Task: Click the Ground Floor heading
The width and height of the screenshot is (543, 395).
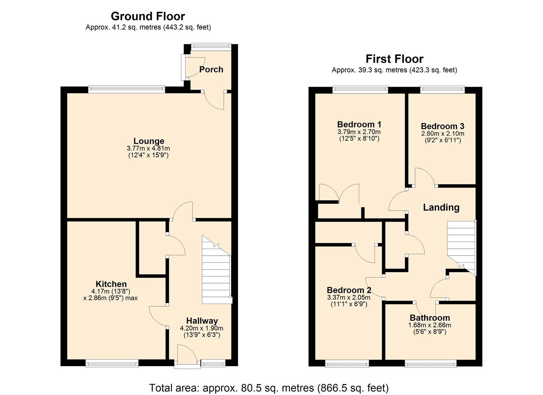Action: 148,16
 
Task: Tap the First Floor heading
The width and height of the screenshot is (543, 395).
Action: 394,59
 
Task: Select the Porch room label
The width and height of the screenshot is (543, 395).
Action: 211,69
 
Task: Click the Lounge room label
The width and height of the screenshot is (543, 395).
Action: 148,141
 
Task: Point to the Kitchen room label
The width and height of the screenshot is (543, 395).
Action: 111,284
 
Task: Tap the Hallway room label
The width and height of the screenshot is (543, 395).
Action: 202,321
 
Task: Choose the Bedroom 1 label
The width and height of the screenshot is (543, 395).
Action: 359,124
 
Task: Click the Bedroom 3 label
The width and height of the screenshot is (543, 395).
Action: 442,126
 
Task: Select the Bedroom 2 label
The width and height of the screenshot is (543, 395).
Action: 349,290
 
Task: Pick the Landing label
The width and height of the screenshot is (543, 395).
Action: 441,207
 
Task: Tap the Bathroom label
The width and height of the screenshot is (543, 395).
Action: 430,317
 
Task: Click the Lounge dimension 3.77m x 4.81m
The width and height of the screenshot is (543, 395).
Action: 148,148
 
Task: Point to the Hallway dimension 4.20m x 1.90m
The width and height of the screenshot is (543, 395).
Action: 201,328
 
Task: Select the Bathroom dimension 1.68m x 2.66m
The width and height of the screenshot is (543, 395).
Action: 430,325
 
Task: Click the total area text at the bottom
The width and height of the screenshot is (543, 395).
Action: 269,388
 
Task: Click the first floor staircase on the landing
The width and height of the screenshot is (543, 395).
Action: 461,245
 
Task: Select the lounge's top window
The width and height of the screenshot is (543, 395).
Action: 127,88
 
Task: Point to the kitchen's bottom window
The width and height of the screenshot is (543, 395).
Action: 112,363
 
